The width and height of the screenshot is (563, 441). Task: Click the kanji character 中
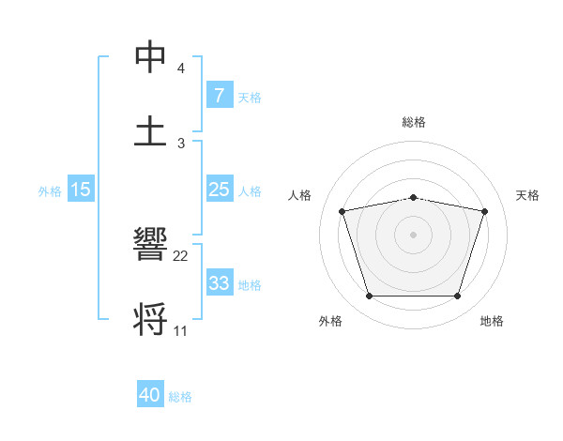(x=150, y=59)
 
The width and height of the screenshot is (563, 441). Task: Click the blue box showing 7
(x=219, y=96)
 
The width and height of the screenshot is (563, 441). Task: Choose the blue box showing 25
(x=219, y=190)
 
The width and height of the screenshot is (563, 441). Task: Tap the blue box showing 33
(x=219, y=283)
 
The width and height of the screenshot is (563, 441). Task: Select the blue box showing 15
(x=81, y=190)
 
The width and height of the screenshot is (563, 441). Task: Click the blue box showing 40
(x=150, y=395)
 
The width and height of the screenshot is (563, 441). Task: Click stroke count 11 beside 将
(x=181, y=330)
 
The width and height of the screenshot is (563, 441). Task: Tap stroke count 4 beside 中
(x=181, y=69)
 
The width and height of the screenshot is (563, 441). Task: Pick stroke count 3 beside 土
(x=181, y=143)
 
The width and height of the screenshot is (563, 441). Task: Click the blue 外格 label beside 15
(x=50, y=190)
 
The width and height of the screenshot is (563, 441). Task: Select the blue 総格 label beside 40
(x=180, y=397)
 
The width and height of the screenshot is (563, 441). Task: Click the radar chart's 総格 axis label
(x=414, y=122)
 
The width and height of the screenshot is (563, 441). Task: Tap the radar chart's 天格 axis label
(x=527, y=195)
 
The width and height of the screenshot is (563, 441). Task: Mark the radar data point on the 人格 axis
(x=342, y=211)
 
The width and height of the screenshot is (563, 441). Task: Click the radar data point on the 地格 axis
(x=457, y=297)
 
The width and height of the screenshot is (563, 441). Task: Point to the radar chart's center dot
(x=414, y=234)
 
